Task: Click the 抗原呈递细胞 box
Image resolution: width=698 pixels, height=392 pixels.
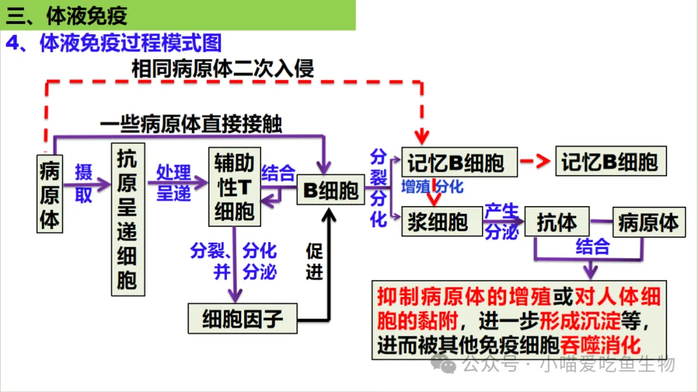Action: coord(128,220)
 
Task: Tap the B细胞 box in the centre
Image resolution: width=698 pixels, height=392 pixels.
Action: coord(331,191)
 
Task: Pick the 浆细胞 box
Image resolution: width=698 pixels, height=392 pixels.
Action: coord(438,222)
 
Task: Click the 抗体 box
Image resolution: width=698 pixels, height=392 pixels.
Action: coord(556,222)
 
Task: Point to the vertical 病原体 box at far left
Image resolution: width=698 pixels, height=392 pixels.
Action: coord(50,194)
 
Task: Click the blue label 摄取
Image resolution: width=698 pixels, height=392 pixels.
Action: coord(83,183)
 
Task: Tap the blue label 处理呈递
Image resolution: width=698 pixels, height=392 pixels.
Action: coord(174,183)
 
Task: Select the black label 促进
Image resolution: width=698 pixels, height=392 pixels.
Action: coord(314,262)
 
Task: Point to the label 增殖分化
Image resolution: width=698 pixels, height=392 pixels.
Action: coord(432,187)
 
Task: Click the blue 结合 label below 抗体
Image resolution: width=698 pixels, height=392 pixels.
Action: coord(592,246)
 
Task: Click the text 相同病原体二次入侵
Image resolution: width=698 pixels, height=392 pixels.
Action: coord(223,68)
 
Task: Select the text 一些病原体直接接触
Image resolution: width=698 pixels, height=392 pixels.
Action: coord(191,124)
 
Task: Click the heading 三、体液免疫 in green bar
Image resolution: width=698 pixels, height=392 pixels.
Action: coord(67,15)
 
